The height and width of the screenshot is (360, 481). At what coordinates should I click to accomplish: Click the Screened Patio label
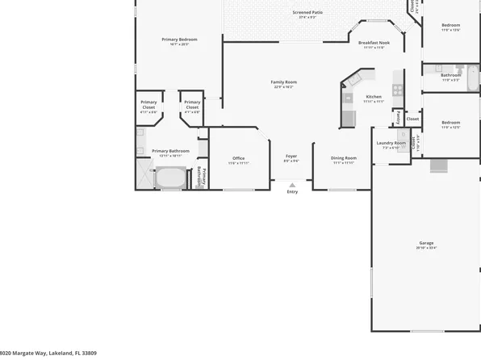click(x=308, y=12)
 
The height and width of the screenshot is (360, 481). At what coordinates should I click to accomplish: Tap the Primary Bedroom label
click(x=179, y=39)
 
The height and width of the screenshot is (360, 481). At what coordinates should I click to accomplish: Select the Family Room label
click(x=283, y=82)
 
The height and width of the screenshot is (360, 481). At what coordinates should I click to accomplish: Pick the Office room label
click(x=238, y=157)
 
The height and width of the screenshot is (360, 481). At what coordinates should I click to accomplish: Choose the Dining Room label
click(x=344, y=157)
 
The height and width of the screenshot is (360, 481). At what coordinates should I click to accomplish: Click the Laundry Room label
click(x=391, y=144)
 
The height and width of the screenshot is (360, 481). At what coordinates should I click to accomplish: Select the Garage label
click(x=426, y=243)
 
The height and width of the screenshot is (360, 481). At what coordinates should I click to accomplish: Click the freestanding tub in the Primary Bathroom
click(x=170, y=178)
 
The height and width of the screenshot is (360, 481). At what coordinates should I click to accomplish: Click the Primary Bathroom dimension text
click(x=170, y=156)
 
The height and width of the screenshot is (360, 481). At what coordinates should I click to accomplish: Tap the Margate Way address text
click(x=48, y=353)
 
